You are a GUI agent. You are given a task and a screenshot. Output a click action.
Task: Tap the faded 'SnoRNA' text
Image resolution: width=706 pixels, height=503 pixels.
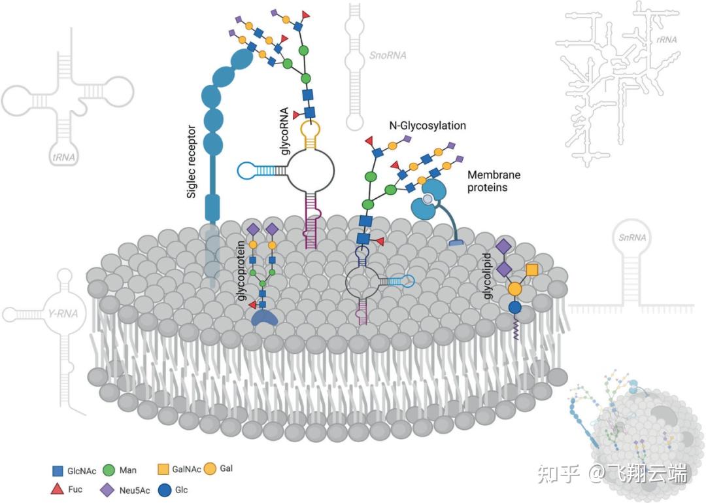tap(388, 56)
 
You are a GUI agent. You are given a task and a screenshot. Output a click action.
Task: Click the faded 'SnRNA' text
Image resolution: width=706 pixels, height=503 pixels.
tap(632, 237)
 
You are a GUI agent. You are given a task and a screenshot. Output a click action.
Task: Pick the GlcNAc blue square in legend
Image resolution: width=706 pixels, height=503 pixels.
tap(58, 470)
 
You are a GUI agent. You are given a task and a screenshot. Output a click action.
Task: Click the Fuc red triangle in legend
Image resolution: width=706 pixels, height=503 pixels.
tap(58, 489)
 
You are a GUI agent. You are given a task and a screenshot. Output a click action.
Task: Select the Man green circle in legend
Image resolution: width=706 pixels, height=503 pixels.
tap(109, 470)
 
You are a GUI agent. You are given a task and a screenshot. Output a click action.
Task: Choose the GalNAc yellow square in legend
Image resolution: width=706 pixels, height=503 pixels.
tap(164, 469)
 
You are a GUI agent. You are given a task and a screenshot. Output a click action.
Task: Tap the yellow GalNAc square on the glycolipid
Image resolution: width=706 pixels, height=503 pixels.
tap(531, 269)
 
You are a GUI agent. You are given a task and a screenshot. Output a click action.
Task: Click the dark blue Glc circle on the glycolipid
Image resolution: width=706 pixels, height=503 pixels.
tap(515, 307)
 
